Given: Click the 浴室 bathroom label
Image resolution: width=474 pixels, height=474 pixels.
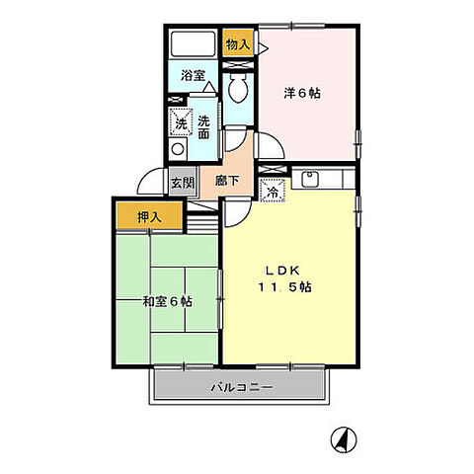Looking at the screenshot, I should pyautogui.click(x=193, y=75).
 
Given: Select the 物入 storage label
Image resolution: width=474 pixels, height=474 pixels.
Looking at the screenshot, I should pyautogui.click(x=237, y=44).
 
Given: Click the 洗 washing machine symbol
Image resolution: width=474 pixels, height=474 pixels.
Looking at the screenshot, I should pyautogui.click(x=181, y=123).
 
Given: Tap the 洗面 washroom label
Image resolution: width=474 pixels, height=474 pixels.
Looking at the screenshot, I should pyautogui.click(x=203, y=128).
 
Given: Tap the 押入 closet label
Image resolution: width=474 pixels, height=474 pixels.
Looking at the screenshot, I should pyautogui.click(x=148, y=216).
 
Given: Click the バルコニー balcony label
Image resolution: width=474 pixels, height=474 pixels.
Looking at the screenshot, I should pyautogui.click(x=241, y=387).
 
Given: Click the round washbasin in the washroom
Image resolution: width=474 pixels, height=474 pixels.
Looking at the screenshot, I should pyautogui.click(x=178, y=150).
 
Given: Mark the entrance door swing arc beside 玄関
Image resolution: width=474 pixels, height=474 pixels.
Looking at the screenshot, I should pyautogui.click(x=150, y=181).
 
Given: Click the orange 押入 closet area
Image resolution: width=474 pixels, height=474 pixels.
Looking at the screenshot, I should pyautogui.click(x=148, y=215).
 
